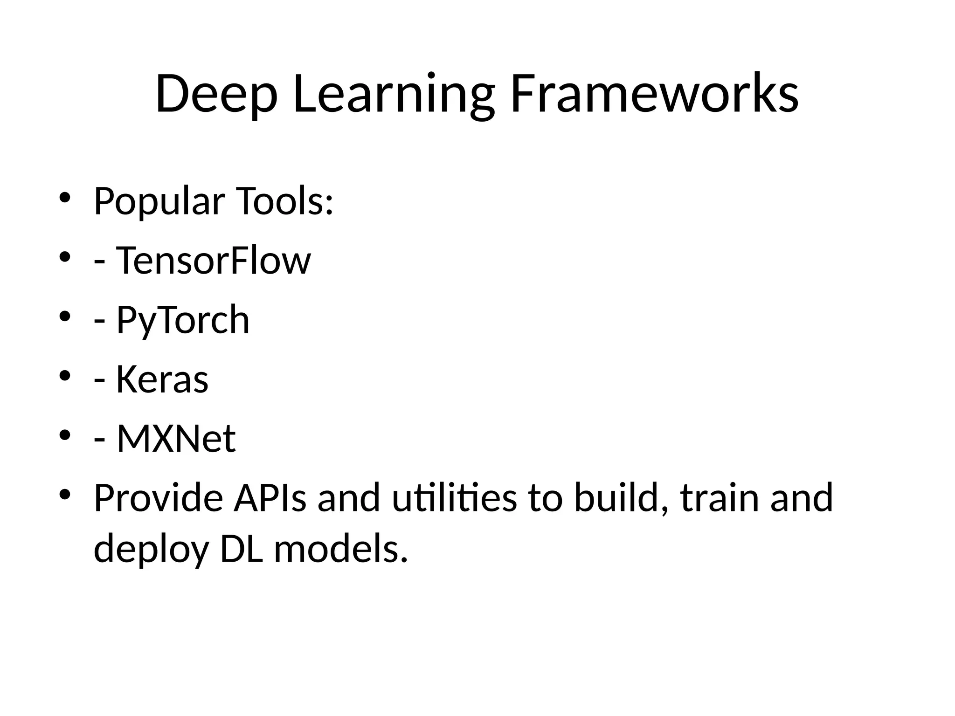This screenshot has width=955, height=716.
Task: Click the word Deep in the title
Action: point(216,94)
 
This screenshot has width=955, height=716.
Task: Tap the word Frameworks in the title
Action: point(655,94)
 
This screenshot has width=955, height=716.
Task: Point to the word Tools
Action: point(285,201)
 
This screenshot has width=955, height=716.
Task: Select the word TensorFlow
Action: point(213,261)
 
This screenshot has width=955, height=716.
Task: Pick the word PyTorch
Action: point(183,320)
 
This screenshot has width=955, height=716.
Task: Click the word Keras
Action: point(162,379)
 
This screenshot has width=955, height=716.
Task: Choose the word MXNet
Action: point(176,439)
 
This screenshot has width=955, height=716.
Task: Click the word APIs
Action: point(270,498)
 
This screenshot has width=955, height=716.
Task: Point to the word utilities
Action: point(454,498)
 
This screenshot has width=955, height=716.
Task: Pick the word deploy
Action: point(151,549)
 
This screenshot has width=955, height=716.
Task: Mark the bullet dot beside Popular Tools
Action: point(64,198)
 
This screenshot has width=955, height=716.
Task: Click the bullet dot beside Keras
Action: point(64,376)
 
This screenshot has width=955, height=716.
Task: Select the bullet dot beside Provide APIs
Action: point(64,494)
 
